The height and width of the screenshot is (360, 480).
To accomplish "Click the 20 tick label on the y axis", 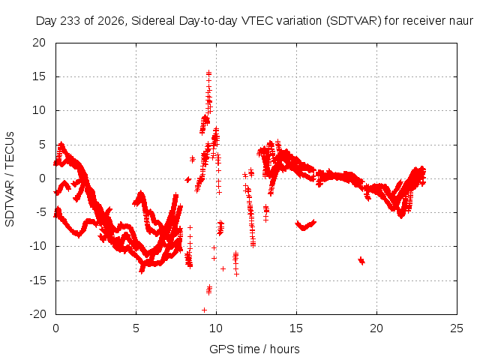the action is click(39, 43).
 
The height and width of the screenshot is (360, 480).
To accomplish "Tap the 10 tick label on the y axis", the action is click(39, 110).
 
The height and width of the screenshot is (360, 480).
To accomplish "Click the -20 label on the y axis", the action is click(37, 314).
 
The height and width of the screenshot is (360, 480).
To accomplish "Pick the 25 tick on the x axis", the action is click(457, 328).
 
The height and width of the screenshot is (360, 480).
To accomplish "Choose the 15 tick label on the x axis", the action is click(296, 328).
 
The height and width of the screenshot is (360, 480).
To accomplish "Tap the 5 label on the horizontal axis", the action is click(136, 328).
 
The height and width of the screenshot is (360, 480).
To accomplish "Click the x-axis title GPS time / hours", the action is click(254, 349).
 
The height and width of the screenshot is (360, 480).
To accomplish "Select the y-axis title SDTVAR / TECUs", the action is click(10, 179).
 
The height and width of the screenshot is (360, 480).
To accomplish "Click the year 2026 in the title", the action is click(111, 21).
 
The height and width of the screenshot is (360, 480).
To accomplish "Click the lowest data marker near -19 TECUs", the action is click(204, 310).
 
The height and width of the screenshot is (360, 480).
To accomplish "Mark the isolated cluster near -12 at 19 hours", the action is click(361, 261).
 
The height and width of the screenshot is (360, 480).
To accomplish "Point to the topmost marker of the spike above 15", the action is click(208, 73).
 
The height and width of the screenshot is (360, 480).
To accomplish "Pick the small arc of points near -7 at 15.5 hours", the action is click(305, 225).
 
